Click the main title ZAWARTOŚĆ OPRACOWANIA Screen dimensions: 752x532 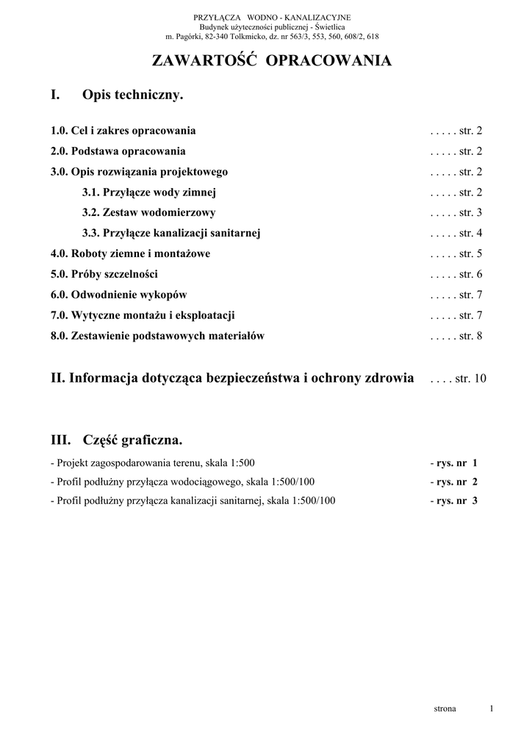[271, 62]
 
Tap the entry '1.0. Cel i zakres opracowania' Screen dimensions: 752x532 [123, 131]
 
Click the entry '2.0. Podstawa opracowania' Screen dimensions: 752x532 [118, 151]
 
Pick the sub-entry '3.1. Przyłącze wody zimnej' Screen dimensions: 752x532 [149, 192]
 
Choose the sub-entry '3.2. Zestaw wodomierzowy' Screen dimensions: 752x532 [149, 213]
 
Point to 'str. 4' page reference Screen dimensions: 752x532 [470, 234]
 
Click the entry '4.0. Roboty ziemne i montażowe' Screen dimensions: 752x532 [131, 254]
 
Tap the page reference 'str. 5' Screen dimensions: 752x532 [470, 254]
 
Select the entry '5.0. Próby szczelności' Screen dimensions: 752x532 [107, 275]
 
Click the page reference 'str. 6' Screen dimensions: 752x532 [470, 275]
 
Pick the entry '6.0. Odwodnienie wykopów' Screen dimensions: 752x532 [119, 295]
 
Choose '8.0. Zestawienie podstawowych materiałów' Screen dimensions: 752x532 [157, 336]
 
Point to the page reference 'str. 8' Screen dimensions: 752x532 [470, 336]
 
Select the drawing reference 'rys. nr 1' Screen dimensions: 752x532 [456, 463]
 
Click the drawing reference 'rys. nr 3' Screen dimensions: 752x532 [456, 501]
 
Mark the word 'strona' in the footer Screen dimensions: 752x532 [445, 709]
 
